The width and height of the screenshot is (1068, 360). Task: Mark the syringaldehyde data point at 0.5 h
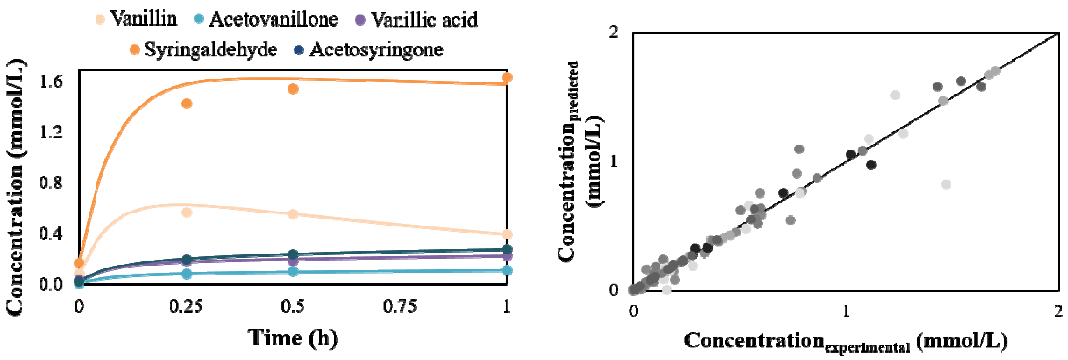tap(293, 89)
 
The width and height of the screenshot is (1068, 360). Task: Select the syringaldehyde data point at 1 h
tap(507, 78)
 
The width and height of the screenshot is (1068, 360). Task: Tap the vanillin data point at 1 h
tap(507, 234)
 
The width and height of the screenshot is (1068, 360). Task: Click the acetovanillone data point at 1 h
tap(507, 271)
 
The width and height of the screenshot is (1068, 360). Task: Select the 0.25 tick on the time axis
tap(186, 307)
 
